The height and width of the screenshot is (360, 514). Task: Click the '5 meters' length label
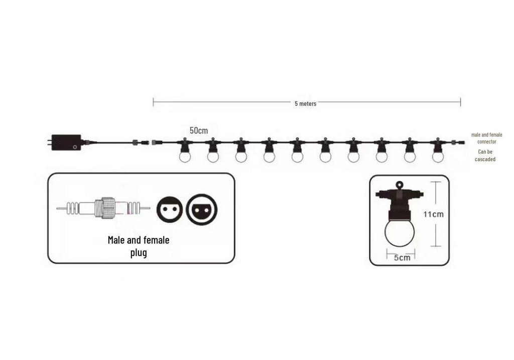coord(305,103)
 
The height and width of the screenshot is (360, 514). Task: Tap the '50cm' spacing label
coord(199,131)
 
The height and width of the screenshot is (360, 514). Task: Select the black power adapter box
coord(66,143)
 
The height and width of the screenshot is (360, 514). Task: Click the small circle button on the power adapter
coord(75,147)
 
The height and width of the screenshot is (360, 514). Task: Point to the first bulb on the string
coord(185,156)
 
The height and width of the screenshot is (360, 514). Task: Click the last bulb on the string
coord(438,156)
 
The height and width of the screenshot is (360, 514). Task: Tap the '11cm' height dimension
coord(433,214)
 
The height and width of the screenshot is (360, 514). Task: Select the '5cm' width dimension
coord(402,258)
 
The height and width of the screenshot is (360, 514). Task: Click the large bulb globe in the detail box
coord(399,232)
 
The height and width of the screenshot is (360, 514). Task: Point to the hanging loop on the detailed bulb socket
coord(399,185)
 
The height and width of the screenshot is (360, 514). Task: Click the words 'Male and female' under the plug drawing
coord(139,240)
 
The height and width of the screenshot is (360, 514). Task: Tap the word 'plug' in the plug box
coord(139,253)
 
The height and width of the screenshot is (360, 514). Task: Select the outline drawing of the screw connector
coord(103,208)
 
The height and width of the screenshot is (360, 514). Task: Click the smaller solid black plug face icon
coord(170,209)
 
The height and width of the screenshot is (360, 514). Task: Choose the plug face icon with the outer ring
coord(202,209)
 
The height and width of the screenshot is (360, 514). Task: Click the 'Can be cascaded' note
coord(485,156)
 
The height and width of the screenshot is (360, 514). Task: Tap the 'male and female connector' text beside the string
coord(486,138)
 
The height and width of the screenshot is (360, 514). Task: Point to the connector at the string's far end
coord(458,143)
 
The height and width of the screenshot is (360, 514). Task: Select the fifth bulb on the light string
coord(297,156)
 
